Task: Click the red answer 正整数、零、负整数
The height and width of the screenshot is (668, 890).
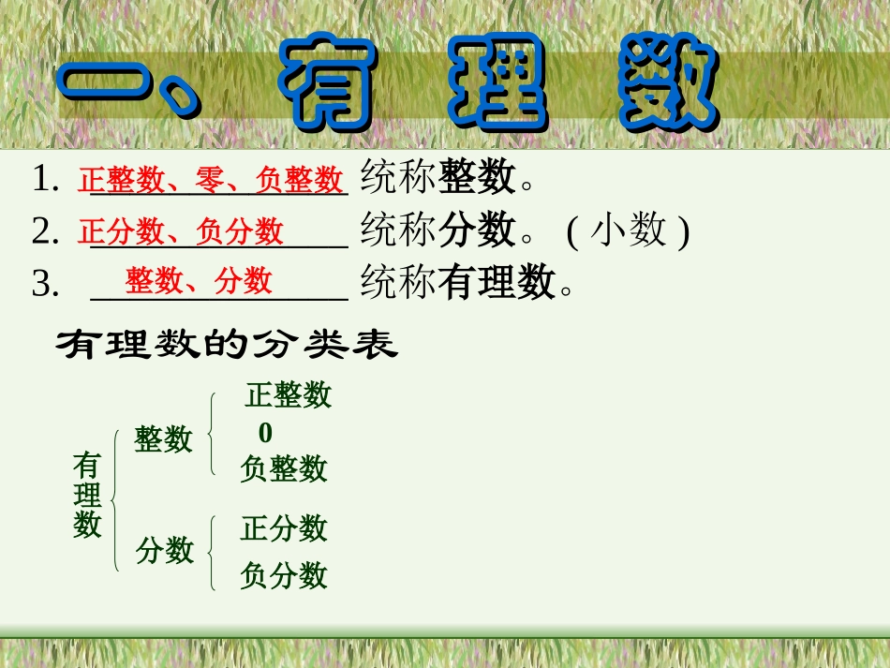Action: point(211,180)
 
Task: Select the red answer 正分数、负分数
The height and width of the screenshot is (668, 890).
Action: point(180,230)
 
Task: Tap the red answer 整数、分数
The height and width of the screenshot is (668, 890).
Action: point(199,280)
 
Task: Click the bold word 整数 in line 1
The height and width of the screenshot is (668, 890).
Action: point(478,177)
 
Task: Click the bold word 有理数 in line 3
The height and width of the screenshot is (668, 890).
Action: point(497,282)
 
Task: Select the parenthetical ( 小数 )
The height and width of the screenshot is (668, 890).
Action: point(628,230)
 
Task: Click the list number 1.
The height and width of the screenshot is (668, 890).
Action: point(45,179)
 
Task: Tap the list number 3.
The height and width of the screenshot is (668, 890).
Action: point(45,284)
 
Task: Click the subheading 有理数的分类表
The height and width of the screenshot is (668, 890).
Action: point(227,345)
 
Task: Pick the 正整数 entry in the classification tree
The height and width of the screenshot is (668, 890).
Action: point(289,395)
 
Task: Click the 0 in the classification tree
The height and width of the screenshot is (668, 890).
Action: point(265,433)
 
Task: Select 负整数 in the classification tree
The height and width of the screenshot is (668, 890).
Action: point(283,468)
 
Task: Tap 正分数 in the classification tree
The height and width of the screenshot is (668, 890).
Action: point(283,528)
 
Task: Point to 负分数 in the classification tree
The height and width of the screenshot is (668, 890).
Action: point(283,574)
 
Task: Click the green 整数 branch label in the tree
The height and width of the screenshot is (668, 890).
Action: point(163,438)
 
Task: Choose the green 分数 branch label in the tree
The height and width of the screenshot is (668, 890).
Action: point(165,550)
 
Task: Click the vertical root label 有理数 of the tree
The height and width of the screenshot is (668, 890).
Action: point(87,495)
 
